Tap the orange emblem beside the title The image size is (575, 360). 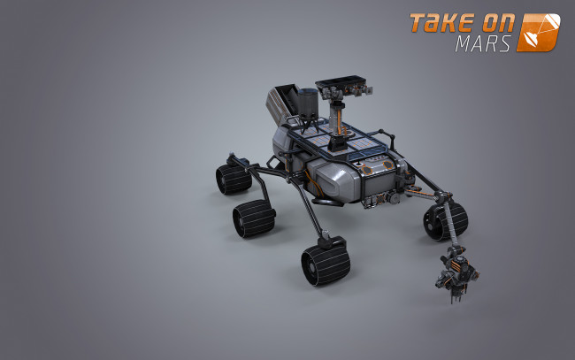point(539,32)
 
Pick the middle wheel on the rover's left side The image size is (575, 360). point(253,218)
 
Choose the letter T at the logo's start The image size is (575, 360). point(417,24)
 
